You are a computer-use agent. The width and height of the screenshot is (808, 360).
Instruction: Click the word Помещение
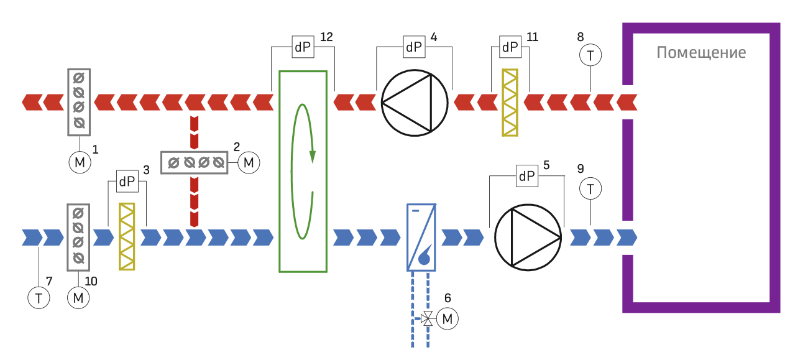[x=701, y=53]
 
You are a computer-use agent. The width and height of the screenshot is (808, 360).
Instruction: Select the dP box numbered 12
[x=303, y=47]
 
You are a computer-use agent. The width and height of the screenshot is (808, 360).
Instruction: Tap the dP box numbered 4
[x=414, y=47]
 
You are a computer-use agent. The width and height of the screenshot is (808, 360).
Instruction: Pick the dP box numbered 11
[x=510, y=47]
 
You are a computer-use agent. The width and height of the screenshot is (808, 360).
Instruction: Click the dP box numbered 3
[x=127, y=182]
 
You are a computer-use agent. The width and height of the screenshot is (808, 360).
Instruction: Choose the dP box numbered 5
[x=527, y=176]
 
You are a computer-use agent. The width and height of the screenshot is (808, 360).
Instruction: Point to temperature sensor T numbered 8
[x=590, y=55]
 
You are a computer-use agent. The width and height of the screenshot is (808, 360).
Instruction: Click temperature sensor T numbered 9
[x=590, y=188]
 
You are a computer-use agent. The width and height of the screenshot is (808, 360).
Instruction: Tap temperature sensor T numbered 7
[x=39, y=298]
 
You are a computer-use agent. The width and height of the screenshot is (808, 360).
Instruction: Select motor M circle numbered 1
[x=80, y=162]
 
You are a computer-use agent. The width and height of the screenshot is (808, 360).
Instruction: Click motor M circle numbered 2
[x=249, y=163]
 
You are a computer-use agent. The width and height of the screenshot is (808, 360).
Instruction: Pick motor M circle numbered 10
[x=78, y=298]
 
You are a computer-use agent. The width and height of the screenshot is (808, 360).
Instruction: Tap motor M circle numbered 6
[x=448, y=318]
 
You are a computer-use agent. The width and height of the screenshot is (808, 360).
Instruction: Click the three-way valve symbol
[x=427, y=318]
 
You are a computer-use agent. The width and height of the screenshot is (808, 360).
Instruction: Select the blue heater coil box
[x=421, y=238]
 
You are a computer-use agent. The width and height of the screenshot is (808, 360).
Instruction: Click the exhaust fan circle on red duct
[x=415, y=103]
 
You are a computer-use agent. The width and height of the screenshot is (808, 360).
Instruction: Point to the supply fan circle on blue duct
[x=528, y=238]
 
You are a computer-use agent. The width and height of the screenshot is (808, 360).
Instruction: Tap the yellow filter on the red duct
[x=510, y=103]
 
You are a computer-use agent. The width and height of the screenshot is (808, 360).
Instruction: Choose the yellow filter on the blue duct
[x=127, y=237]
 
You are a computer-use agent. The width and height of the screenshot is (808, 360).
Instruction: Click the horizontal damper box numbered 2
[x=194, y=163]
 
